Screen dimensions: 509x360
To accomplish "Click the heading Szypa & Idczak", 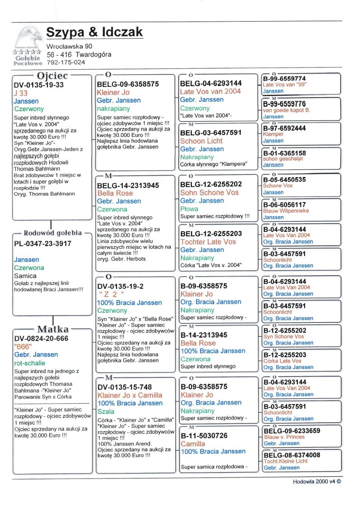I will [x=94, y=32].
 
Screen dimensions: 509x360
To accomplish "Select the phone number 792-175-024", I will [x=66, y=63].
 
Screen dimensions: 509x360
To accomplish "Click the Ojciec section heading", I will [x=52, y=75].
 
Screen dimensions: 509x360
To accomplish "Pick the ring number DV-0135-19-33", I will [x=39, y=85].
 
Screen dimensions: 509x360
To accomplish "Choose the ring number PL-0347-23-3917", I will [x=42, y=243].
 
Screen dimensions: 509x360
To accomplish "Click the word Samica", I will [x=25, y=276].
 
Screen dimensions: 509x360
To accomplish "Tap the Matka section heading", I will [x=53, y=329].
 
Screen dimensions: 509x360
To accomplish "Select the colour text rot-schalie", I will [x=30, y=363].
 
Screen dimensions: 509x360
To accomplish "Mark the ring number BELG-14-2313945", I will [x=128, y=185].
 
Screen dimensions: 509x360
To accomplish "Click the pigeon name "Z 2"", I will [x=110, y=294].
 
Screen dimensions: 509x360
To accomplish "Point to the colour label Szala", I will [x=106, y=411].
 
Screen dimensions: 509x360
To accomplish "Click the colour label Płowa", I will [x=189, y=209].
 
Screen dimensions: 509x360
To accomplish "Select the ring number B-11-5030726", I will [x=204, y=436].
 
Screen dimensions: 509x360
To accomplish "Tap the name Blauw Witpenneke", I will [x=286, y=211].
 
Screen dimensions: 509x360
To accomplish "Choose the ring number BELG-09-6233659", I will [x=292, y=431].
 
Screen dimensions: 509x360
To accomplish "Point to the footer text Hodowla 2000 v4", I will [x=317, y=481].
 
